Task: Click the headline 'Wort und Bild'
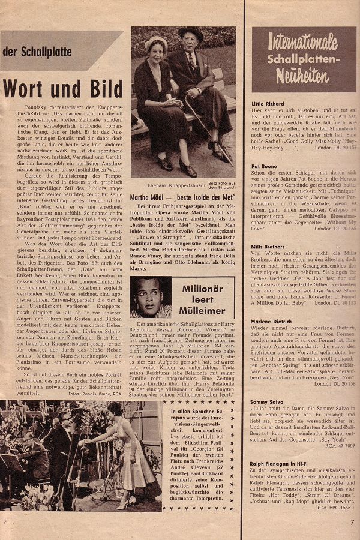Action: pos(62,89)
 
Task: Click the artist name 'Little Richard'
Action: pos(268,103)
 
